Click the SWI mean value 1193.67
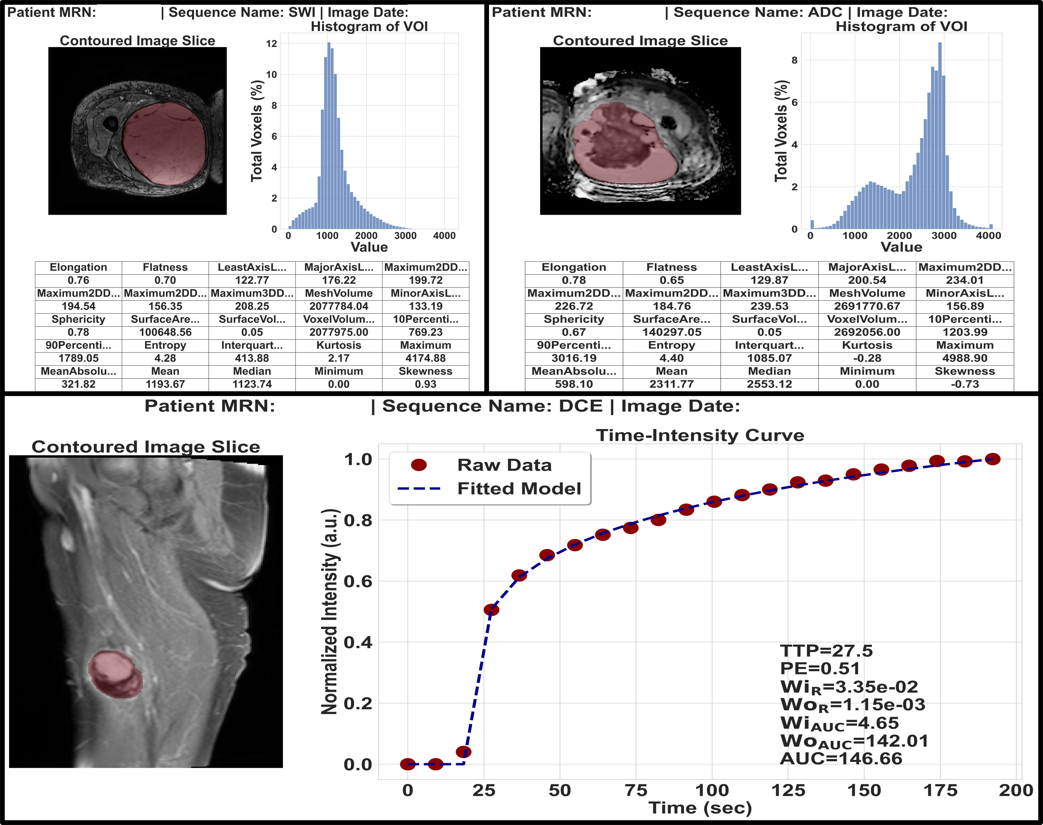165,384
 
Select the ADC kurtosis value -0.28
867,358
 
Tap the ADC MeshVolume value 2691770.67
867,306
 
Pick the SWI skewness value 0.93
425,384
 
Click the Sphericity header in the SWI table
78,319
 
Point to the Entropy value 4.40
671,358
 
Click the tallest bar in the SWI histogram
329,135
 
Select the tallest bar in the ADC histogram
940,135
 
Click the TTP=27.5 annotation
826,651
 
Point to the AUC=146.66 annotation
841,758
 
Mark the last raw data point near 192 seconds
992,459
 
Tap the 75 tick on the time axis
636,791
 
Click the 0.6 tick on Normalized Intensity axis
358,582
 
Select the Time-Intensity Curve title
700,435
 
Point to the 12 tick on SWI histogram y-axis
271,44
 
